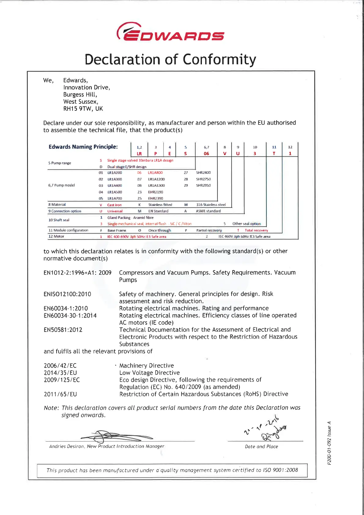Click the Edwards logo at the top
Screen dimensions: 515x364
pos(170,32)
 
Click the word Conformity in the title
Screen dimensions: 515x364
pos(219,59)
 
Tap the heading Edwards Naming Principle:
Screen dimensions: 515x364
pos(83,147)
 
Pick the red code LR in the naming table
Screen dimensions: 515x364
pos(139,154)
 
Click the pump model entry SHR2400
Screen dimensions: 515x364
pos(203,173)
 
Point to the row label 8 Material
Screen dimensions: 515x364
pos(57,204)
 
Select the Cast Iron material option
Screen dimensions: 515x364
pos(114,205)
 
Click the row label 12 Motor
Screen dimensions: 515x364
pos(56,236)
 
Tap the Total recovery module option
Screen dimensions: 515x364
pos(256,230)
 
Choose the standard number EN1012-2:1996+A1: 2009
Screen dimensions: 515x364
pos(77,273)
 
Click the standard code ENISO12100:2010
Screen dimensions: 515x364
pos(67,294)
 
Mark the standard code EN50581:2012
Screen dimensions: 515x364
pos(63,330)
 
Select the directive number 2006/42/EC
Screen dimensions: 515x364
pos(60,366)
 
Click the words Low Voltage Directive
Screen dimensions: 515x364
pos(150,373)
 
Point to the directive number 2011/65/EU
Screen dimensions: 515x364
pos(60,394)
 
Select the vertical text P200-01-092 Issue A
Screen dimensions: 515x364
pos(329,443)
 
